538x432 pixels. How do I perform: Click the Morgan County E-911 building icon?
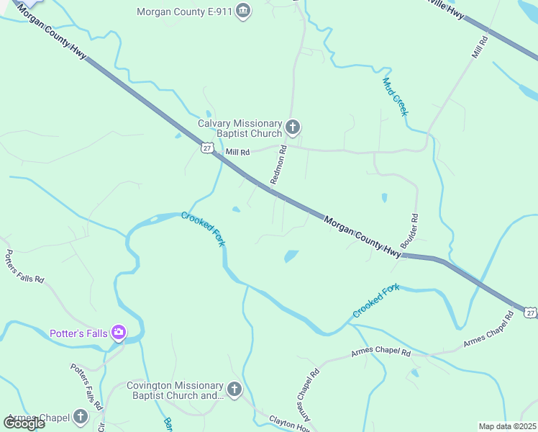(244, 11)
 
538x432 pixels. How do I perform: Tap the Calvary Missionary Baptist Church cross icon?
(292, 128)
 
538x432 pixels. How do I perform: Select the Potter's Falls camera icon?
(119, 333)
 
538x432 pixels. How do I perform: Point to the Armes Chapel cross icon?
(80, 417)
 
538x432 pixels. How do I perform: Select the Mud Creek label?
(396, 97)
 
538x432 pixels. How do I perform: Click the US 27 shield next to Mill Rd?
(206, 148)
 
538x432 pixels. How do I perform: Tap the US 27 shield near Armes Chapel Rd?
(529, 312)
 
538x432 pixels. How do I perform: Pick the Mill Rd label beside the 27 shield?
(237, 153)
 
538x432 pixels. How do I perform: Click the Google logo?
(24, 423)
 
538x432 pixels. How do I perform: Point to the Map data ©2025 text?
(507, 426)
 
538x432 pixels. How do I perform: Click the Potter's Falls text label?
(78, 333)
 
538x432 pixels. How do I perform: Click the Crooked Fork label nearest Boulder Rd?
(375, 302)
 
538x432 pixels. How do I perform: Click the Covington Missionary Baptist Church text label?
(175, 390)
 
